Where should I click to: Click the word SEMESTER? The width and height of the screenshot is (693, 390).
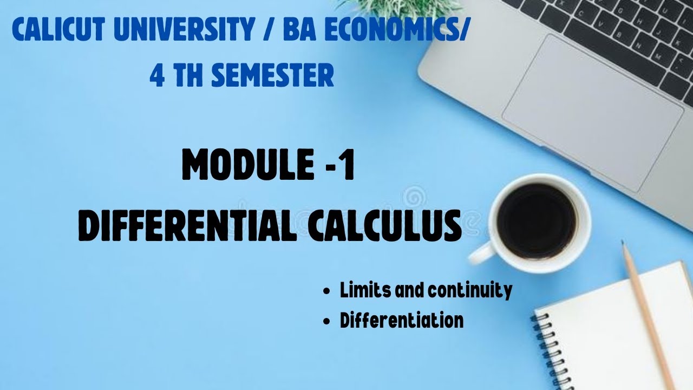[272, 76]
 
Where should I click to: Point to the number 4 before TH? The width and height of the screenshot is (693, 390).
[158, 76]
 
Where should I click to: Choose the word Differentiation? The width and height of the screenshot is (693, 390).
[402, 321]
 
